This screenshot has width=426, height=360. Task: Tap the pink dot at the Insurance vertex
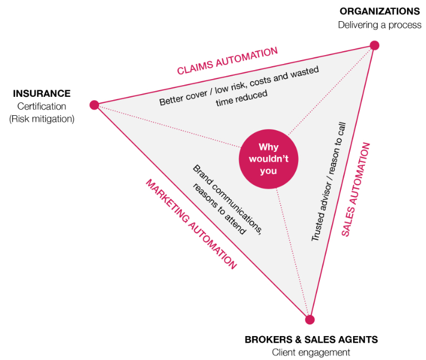click(x=94, y=105)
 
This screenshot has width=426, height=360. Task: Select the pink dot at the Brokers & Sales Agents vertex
click(x=310, y=319)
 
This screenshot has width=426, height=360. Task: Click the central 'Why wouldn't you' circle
click(x=268, y=159)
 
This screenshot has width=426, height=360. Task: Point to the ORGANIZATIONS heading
click(x=380, y=11)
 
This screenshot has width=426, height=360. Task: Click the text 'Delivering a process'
click(x=380, y=25)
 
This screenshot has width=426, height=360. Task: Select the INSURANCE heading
click(x=42, y=93)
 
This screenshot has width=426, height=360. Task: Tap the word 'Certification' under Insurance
click(x=42, y=106)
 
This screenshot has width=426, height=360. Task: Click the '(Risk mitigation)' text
click(x=42, y=119)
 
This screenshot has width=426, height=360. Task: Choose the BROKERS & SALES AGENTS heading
click(x=311, y=339)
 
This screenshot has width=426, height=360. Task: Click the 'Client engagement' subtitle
click(x=311, y=352)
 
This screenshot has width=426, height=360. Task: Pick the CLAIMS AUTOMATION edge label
click(x=227, y=61)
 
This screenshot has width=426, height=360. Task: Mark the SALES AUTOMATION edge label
click(x=355, y=190)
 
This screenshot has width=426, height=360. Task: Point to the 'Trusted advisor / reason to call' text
click(x=328, y=182)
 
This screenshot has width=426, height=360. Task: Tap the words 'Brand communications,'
click(x=227, y=200)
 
